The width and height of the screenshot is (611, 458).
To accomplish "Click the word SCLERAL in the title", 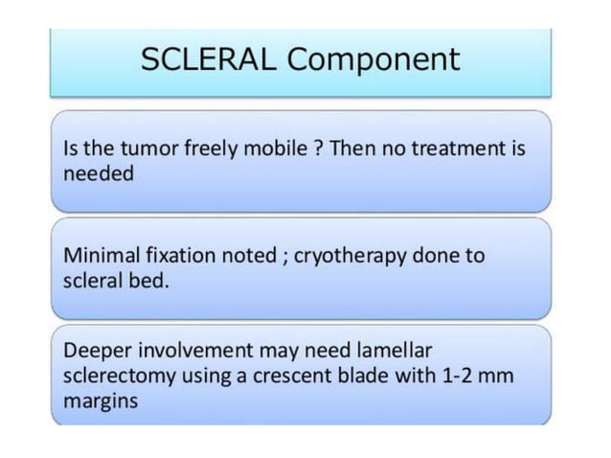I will click(x=208, y=59).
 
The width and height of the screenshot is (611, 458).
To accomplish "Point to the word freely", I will click(x=204, y=150).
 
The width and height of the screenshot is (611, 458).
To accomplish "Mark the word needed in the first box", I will click(x=99, y=174).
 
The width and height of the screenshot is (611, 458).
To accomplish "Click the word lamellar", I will click(x=392, y=350).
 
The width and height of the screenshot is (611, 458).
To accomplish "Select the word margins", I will click(x=100, y=401).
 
